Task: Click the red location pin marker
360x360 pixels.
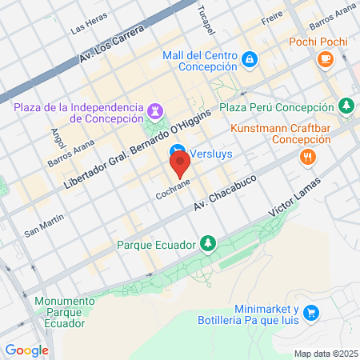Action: coord(180,165)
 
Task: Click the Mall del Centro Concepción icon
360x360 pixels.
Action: coord(250,59)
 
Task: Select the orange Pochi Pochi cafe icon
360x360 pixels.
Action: coord(325,58)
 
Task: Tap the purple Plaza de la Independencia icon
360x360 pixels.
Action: coord(156,109)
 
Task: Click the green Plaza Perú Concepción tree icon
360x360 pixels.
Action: coord(346,106)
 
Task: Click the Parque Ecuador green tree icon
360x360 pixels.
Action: coord(207,242)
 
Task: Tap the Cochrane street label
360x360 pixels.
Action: coord(172,194)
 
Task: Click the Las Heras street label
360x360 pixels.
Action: coord(88,26)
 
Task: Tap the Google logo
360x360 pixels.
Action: coord(26,350)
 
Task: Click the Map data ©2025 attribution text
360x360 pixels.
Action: coord(324,353)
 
